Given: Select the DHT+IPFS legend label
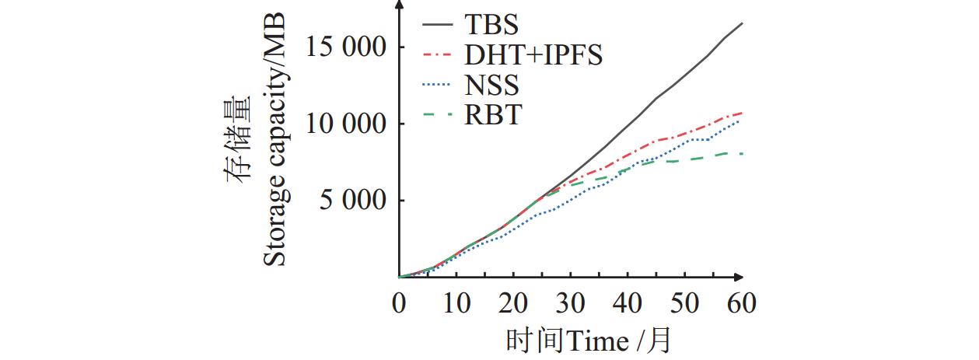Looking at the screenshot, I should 533,55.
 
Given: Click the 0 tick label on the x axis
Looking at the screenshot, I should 400,302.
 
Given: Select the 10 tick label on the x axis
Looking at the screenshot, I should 456,302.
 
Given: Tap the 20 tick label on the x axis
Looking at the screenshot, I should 514,302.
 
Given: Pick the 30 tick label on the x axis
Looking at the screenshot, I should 571,302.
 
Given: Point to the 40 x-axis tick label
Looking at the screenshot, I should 628,302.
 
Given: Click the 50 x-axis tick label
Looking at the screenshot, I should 686,302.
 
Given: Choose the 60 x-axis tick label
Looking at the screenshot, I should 743,302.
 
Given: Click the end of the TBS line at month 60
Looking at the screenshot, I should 743,23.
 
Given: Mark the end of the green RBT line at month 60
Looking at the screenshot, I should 743,153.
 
